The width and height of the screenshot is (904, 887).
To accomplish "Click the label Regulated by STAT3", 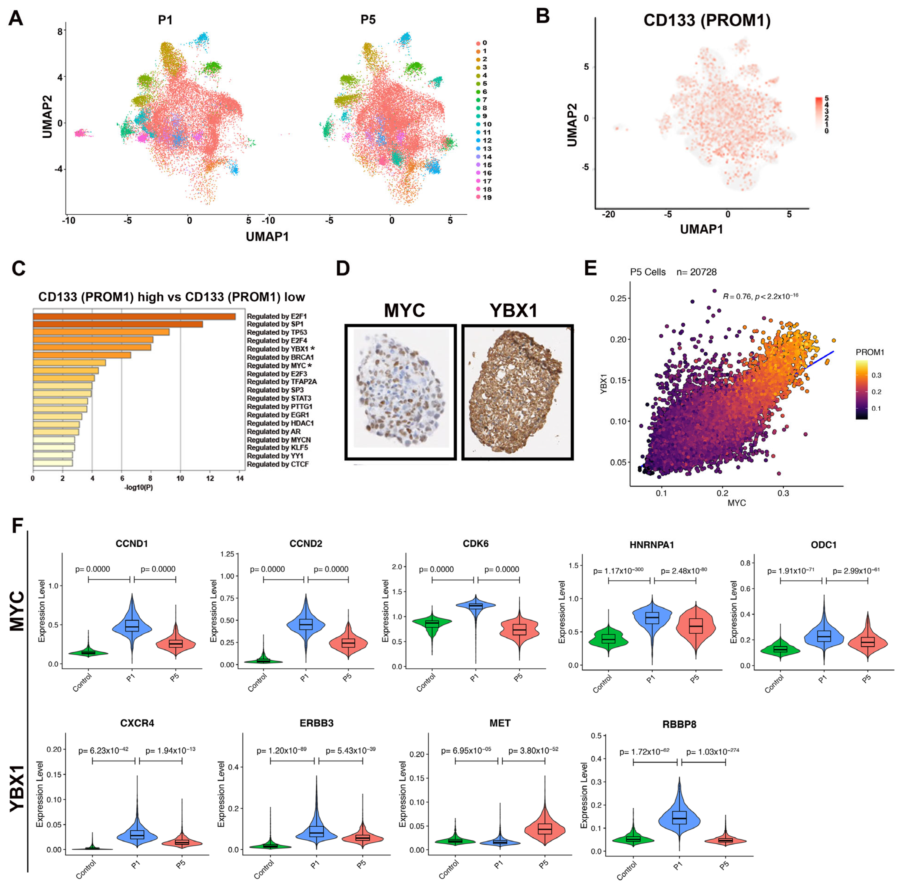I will [x=279, y=398].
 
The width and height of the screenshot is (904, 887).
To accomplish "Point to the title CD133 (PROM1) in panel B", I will [x=707, y=20].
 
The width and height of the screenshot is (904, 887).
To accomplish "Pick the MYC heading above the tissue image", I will [x=404, y=310].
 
